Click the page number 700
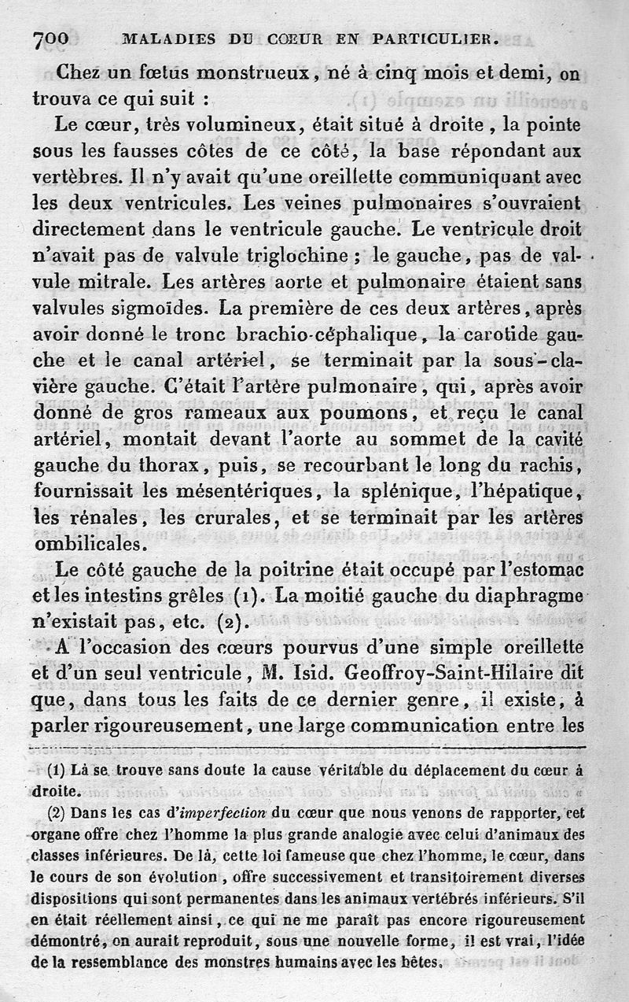click(52, 38)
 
